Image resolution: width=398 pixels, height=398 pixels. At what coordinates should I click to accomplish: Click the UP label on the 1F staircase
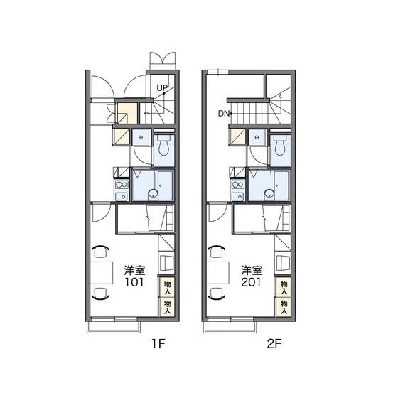coord(162,88)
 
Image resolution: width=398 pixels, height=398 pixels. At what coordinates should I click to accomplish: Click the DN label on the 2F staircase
coord(224,114)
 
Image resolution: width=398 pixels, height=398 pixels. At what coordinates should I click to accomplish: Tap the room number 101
coord(134,282)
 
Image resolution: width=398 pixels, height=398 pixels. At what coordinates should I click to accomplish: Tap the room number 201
coord(251,282)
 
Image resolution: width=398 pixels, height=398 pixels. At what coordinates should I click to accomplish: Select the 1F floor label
coord(158,344)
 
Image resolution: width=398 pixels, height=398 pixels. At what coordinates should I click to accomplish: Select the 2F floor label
coord(274,344)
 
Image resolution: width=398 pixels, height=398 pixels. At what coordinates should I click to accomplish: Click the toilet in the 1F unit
coord(164,146)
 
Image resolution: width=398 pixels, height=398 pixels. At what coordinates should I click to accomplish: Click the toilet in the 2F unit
coord(280,146)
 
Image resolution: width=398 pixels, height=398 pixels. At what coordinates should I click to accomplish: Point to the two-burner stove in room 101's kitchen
coord(122,185)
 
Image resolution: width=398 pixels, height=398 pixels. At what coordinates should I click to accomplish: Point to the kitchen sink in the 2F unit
coord(238,197)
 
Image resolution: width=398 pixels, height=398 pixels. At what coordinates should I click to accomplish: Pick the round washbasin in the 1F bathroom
coord(153,193)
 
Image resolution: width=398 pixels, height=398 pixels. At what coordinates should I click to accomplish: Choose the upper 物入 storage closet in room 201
coord(284,288)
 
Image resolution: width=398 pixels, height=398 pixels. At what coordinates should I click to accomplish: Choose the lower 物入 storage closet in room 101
coord(167,307)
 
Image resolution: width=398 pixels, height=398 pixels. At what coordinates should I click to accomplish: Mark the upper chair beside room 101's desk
coord(100,252)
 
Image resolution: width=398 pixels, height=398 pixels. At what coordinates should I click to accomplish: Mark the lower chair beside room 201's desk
coord(217,294)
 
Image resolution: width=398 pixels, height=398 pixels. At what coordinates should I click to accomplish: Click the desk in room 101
coord(102,273)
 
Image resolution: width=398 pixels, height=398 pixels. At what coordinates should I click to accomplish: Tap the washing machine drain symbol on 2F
coord(257,138)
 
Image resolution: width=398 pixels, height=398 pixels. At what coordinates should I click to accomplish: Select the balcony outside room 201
coord(230,327)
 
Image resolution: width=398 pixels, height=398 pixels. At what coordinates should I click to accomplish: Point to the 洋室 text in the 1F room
coord(134,271)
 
